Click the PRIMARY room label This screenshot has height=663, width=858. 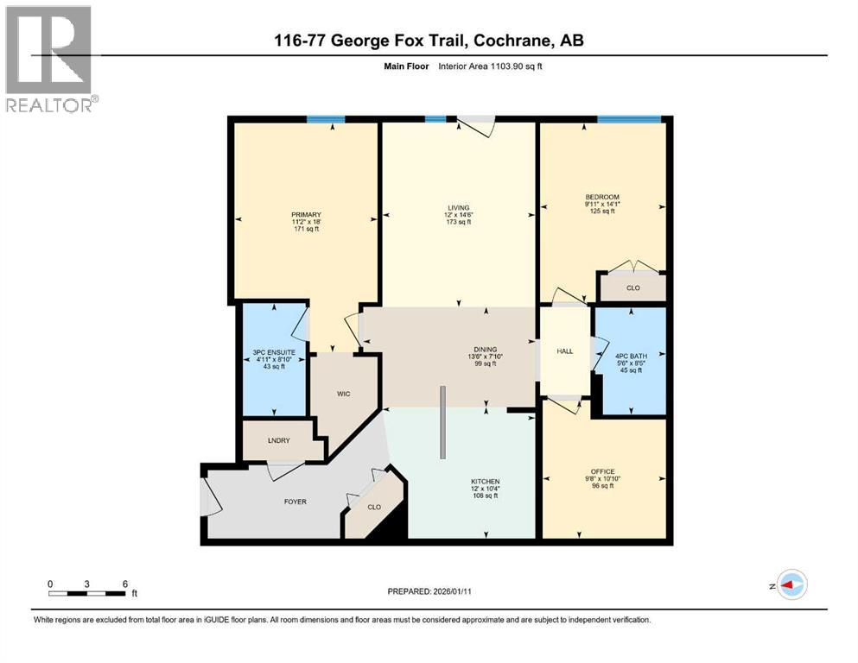306,215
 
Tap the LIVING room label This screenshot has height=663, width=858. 458,208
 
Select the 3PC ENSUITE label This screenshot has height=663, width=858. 274,352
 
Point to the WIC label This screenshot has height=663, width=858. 342,394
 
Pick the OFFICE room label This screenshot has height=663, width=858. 602,471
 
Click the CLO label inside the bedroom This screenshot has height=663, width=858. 632,287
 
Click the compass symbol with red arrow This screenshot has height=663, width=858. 791,585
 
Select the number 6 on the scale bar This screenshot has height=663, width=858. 125,584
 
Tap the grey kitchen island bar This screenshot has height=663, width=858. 442,423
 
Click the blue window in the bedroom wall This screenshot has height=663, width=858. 629,119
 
